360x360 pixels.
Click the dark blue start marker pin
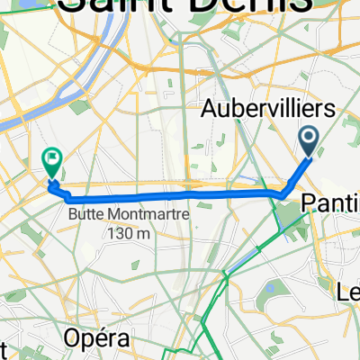coord(309,141)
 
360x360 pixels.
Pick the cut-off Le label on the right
coord(348,292)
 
